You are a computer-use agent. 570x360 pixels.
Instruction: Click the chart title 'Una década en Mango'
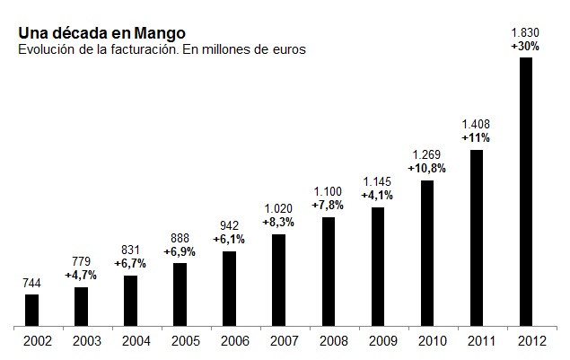point(101,34)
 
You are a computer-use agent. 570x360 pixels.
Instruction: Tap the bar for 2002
point(32,309)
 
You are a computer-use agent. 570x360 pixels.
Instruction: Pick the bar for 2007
point(279,279)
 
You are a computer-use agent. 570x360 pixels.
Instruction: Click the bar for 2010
point(427,252)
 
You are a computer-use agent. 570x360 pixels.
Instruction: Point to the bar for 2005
point(180,293)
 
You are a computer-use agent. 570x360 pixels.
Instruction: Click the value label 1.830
point(526,34)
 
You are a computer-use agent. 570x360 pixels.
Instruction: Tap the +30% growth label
point(526,47)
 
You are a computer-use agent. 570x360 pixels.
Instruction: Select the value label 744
point(32,282)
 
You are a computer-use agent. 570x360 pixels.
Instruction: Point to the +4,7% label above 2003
point(82,274)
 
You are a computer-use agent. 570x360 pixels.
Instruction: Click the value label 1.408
point(477,126)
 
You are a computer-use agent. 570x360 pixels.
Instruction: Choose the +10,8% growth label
point(427,169)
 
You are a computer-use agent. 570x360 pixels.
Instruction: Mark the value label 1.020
point(279,209)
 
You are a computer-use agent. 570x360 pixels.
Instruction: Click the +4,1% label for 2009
point(378,196)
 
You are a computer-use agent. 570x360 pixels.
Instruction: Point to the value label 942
point(230,226)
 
